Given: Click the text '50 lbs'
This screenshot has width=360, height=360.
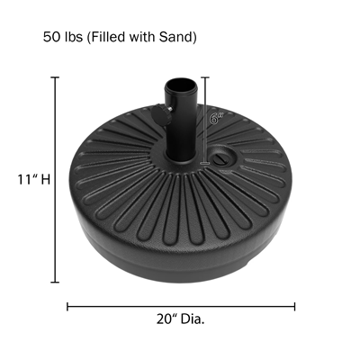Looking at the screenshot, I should click(59, 38).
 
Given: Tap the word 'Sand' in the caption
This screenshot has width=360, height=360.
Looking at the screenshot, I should click(176, 38).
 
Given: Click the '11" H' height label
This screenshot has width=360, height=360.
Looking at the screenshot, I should click(31, 178).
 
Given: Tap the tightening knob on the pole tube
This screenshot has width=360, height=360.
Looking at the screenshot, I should click(166, 112).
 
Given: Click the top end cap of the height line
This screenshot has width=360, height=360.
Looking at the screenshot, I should click(56, 77).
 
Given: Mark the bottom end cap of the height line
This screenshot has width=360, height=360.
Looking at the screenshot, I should click(56, 282).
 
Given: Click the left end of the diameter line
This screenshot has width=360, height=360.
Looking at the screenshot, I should click(68, 305).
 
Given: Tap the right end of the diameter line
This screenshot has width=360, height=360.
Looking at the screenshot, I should click(294, 305).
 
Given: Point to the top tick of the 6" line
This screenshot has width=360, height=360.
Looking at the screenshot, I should click(207, 78).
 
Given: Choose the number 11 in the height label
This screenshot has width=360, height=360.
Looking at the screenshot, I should click(22, 178).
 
